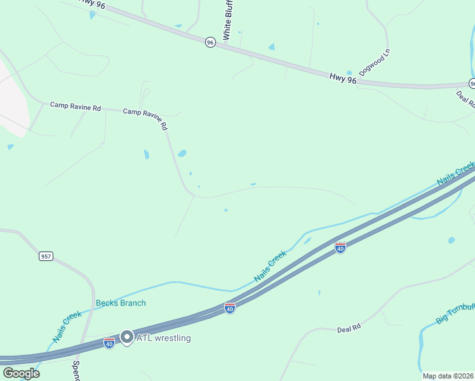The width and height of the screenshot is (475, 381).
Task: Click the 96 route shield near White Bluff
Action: (x=210, y=42)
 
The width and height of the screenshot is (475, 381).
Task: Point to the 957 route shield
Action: (x=46, y=256)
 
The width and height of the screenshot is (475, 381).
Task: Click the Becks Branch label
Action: (x=121, y=303)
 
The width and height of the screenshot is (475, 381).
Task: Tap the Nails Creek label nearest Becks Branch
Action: (x=68, y=326)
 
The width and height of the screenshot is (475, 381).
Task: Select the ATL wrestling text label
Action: (x=163, y=338)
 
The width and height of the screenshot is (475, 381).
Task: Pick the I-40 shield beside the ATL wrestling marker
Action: (x=109, y=343)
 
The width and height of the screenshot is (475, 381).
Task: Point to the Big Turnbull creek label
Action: (x=455, y=312)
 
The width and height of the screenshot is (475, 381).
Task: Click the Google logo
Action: (x=21, y=373)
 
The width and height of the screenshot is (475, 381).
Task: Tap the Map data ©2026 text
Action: (x=447, y=376)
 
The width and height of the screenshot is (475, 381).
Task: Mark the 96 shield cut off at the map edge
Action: (x=472, y=83)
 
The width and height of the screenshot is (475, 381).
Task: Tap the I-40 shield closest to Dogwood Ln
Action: (x=340, y=248)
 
